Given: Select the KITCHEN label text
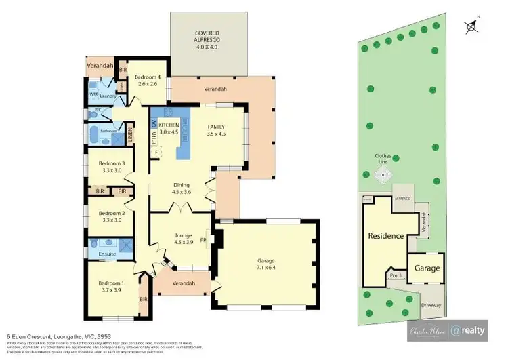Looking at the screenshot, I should coord(169,126).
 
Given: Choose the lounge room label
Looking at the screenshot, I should coord(179,238).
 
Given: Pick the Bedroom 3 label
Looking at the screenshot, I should coord(110,167).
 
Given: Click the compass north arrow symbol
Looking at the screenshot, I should coord(471,26).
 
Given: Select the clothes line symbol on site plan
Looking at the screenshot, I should coord(383,175).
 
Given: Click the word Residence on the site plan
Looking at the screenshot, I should coord(385,236).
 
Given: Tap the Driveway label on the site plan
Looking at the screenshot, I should coord(429,305).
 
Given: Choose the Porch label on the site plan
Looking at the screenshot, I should coord(396,275).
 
